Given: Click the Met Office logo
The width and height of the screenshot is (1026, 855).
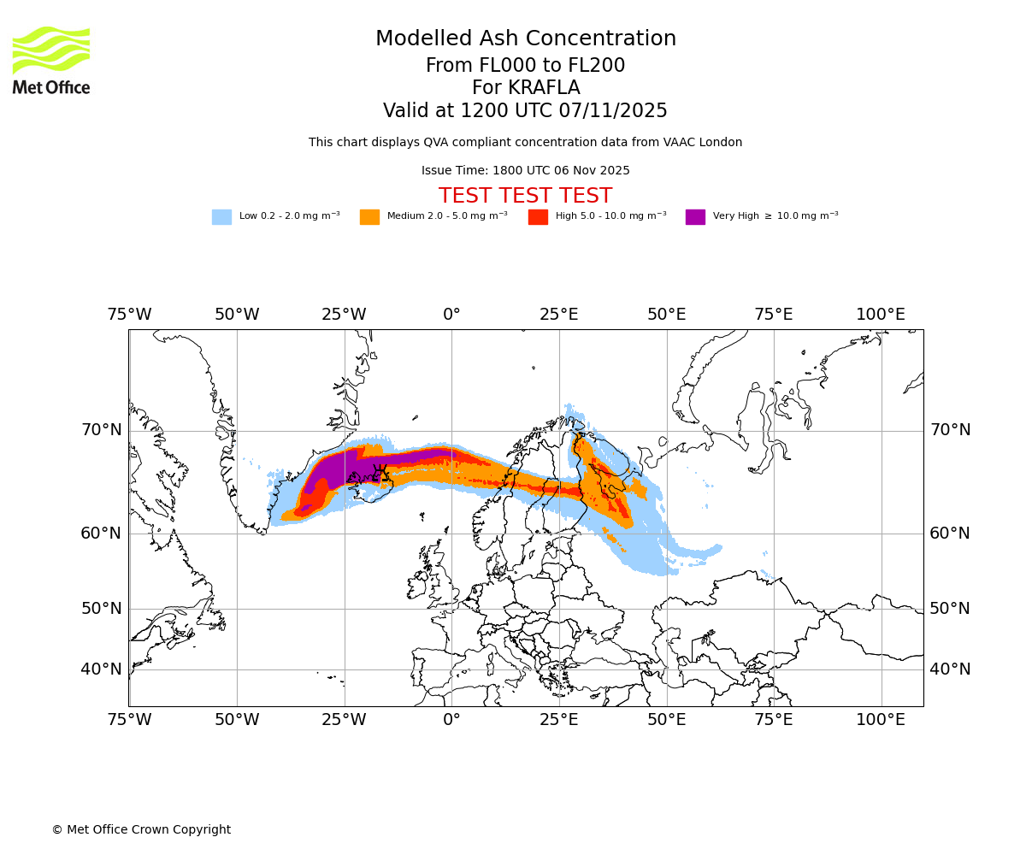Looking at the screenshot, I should (51, 60).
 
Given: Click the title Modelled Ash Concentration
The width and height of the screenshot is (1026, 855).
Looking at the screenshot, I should (525, 39).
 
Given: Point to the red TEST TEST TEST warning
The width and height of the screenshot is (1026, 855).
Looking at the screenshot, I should (525, 196).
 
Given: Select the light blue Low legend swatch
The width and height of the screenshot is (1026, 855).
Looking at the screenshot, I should (221, 216).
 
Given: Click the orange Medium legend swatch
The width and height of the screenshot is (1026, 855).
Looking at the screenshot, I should (369, 216).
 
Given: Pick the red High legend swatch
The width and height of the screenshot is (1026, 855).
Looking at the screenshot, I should (538, 216).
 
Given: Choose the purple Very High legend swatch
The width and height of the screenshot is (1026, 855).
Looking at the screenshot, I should (695, 216).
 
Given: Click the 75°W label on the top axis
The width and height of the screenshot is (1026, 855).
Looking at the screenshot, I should (129, 315).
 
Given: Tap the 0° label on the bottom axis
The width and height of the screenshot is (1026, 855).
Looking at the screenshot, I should (451, 720).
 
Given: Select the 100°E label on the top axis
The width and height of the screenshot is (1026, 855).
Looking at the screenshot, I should (881, 315).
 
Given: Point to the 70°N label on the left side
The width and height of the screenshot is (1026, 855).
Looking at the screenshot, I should (102, 430).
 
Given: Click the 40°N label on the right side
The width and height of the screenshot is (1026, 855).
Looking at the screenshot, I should (950, 669).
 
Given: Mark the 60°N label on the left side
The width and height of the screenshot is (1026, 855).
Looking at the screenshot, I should (102, 534).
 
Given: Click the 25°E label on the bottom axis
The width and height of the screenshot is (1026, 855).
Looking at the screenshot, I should (559, 720).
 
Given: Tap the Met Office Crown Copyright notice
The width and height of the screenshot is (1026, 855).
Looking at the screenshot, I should (141, 829).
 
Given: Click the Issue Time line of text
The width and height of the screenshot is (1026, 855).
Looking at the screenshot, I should (525, 170).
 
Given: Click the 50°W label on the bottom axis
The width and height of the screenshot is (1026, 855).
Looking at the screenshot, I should (237, 720).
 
